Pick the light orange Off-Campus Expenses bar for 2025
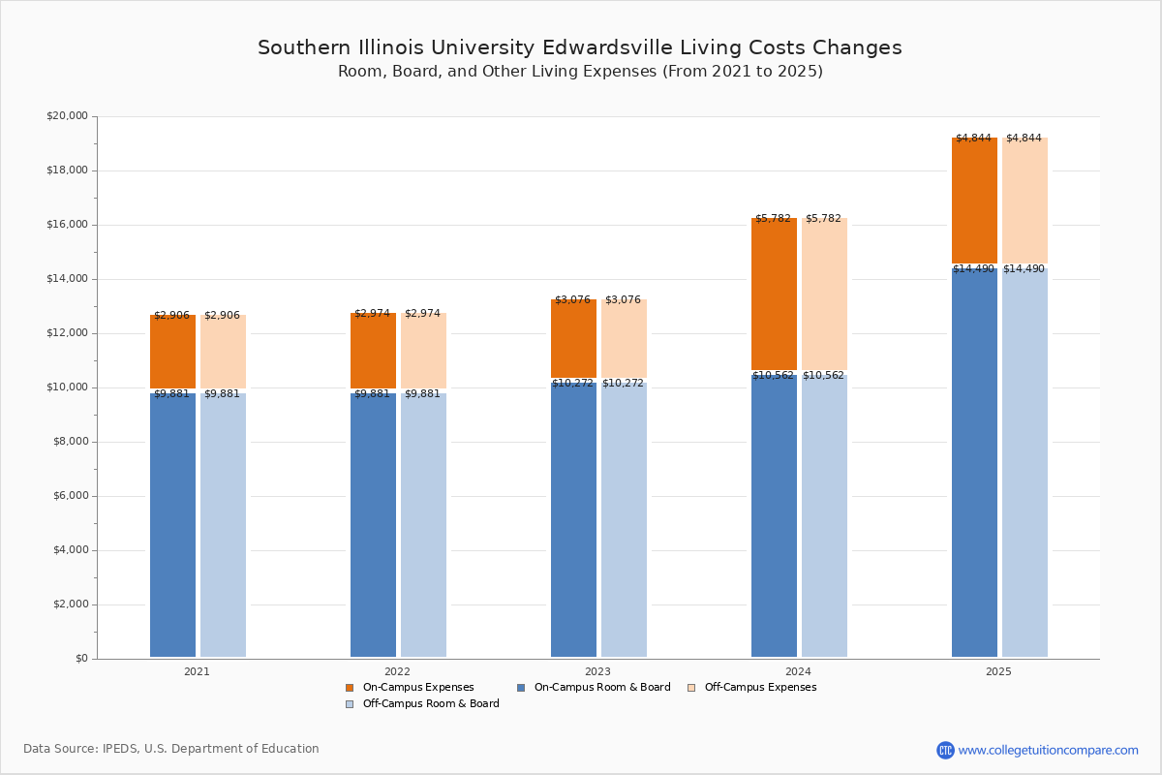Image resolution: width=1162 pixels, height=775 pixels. point(1024,201)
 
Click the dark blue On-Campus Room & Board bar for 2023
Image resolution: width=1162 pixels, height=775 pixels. point(573,518)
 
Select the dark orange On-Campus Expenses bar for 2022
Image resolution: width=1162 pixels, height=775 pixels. point(373,351)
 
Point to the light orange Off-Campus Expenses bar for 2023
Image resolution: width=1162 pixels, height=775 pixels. point(624,338)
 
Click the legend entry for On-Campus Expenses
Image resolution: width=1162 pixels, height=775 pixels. point(410,688)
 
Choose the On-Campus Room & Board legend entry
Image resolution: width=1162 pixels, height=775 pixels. point(593,688)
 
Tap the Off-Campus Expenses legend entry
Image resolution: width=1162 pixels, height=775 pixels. point(751,688)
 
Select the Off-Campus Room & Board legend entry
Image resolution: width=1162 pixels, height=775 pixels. point(422,704)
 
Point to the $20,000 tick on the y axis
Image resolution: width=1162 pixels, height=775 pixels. point(67,116)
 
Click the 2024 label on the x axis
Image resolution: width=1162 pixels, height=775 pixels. point(798,671)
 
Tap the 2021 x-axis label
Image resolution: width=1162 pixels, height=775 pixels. point(197,671)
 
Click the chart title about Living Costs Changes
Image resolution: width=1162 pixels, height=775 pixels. point(579,48)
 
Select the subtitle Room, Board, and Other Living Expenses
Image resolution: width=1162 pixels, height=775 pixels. point(579,72)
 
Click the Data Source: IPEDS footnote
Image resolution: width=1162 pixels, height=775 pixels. point(171,749)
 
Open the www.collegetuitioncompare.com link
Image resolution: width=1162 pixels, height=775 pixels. point(1048,750)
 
